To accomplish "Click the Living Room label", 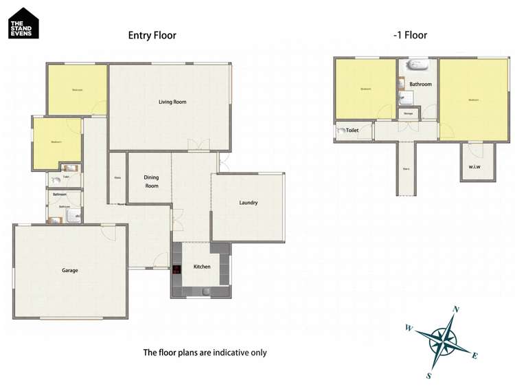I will click(172, 102).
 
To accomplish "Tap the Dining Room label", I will click(151, 181).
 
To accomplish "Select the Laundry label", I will click(249, 203).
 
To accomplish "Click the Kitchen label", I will click(201, 267).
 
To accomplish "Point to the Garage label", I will click(70, 270).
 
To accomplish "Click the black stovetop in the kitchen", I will click(176, 269).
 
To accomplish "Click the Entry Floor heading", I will click(152, 35).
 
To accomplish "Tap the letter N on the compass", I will click(456, 309).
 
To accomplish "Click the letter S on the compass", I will click(428, 375).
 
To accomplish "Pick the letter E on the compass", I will click(474, 355).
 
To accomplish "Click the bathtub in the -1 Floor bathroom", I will click(417, 67).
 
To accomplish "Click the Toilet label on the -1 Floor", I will click(353, 130).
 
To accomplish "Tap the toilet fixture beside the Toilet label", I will click(341, 130).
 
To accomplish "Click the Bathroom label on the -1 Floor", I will click(420, 85).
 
